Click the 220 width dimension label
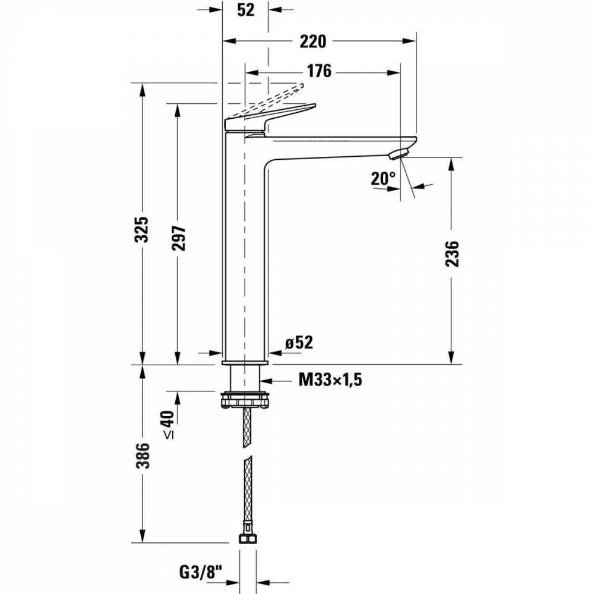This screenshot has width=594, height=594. click(313, 41)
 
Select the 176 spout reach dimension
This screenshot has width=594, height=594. click(318, 71)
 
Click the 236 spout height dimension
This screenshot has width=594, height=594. click(453, 254)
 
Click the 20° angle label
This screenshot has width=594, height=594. click(383, 178)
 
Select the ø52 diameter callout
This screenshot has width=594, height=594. click(298, 343)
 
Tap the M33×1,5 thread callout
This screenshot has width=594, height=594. click(330, 380)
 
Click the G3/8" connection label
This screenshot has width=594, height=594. click(200, 573)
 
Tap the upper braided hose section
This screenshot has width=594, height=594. click(245, 428)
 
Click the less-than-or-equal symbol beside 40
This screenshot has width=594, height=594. click(169, 435)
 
